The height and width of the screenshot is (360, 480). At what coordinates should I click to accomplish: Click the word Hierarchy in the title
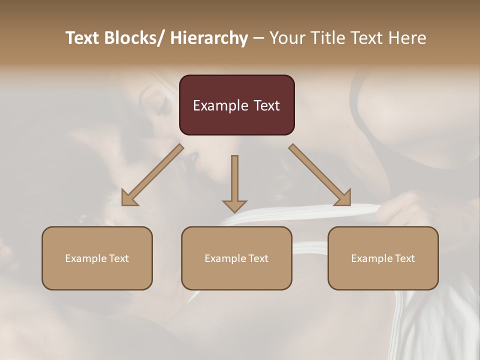point(209,38)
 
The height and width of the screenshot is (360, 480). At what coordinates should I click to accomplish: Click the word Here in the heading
point(407,38)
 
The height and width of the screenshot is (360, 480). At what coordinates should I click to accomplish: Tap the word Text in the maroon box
point(266,105)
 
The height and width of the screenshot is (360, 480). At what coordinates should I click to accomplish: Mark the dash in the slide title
point(258,38)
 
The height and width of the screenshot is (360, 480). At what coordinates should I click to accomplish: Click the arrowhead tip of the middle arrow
point(234,211)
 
